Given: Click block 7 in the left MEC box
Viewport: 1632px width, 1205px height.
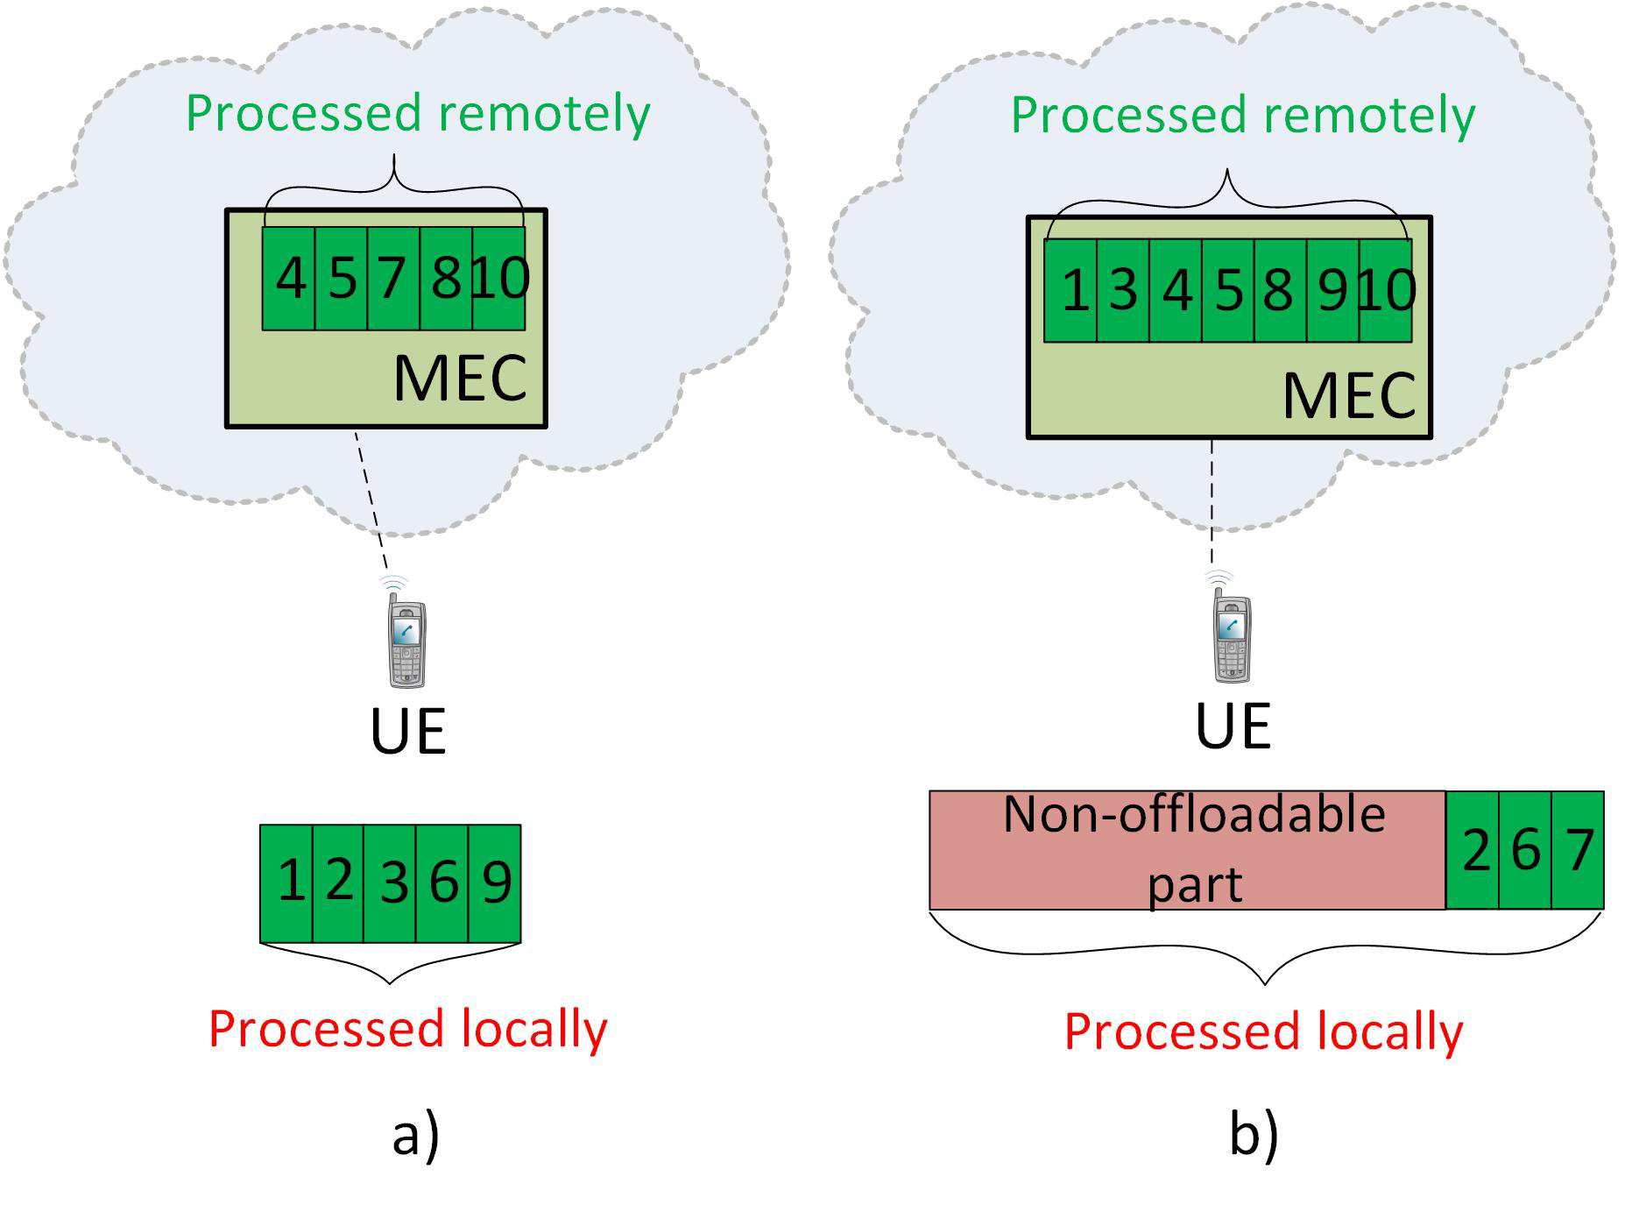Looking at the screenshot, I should [x=393, y=279].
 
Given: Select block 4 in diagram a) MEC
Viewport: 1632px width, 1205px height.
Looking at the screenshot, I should [x=289, y=279].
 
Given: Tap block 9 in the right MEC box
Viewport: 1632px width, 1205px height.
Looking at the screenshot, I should [x=1332, y=290].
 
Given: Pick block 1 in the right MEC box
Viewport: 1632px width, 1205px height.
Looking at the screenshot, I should [x=1071, y=290].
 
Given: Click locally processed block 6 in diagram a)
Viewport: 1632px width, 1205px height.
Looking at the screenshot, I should [x=442, y=882].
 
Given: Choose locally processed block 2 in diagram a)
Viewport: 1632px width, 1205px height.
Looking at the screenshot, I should [x=338, y=882].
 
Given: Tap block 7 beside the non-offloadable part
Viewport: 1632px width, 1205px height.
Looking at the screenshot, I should [x=1578, y=850].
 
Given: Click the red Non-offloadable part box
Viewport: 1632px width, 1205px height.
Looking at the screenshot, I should [x=1187, y=850].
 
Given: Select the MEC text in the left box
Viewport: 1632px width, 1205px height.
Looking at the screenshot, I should [x=460, y=379].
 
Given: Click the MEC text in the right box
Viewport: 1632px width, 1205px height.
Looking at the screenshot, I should [x=1349, y=396].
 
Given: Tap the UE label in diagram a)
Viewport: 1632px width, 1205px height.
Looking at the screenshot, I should [x=408, y=732].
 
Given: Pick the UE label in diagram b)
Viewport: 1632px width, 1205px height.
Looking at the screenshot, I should [x=1233, y=726].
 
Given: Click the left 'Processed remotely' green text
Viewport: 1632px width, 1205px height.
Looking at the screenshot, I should [x=418, y=114].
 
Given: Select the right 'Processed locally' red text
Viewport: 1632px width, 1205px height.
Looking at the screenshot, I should [x=1263, y=1031].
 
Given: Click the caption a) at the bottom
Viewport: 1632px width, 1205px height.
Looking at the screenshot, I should [x=415, y=1137].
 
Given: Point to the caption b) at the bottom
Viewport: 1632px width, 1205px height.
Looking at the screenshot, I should [x=1254, y=1137].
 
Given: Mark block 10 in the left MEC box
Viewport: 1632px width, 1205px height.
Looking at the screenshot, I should [x=499, y=279].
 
